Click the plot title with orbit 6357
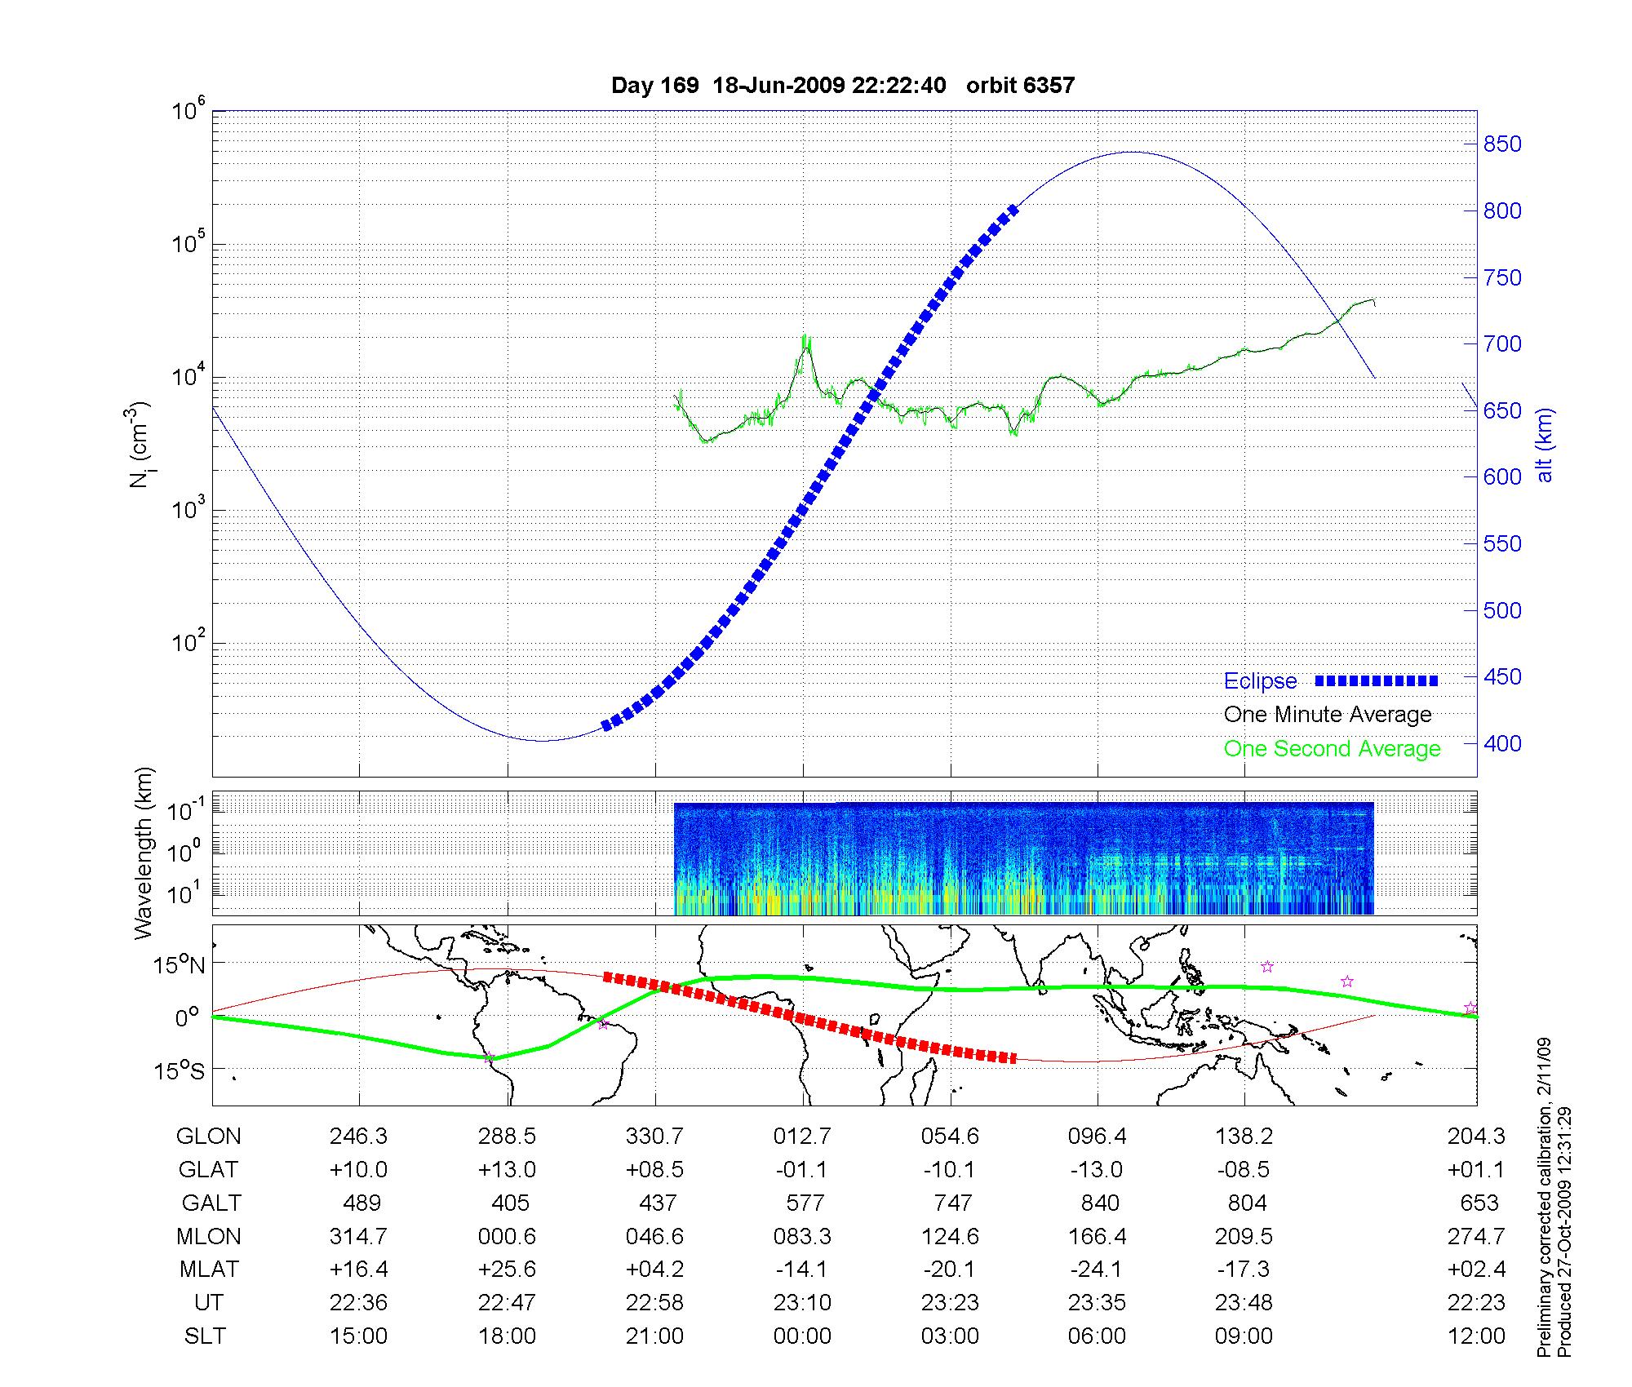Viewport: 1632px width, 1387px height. point(842,86)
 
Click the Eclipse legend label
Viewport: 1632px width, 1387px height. point(1260,681)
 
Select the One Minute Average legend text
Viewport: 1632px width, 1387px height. point(1328,715)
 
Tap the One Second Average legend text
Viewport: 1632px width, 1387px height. point(1332,749)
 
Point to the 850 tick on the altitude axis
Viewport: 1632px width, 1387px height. point(1502,144)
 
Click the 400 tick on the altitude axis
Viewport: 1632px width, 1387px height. point(1502,743)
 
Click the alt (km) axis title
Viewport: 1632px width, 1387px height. point(1545,445)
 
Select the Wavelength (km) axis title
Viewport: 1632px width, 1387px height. point(144,853)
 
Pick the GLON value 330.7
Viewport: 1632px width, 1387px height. point(654,1136)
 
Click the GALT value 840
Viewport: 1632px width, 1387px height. point(1099,1203)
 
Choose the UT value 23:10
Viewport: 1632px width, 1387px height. point(802,1303)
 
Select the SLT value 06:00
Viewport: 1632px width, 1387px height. point(1097,1336)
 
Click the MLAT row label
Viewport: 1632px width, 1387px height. point(209,1270)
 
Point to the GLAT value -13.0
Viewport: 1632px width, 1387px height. point(1097,1169)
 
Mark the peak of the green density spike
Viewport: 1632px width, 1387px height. point(805,337)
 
